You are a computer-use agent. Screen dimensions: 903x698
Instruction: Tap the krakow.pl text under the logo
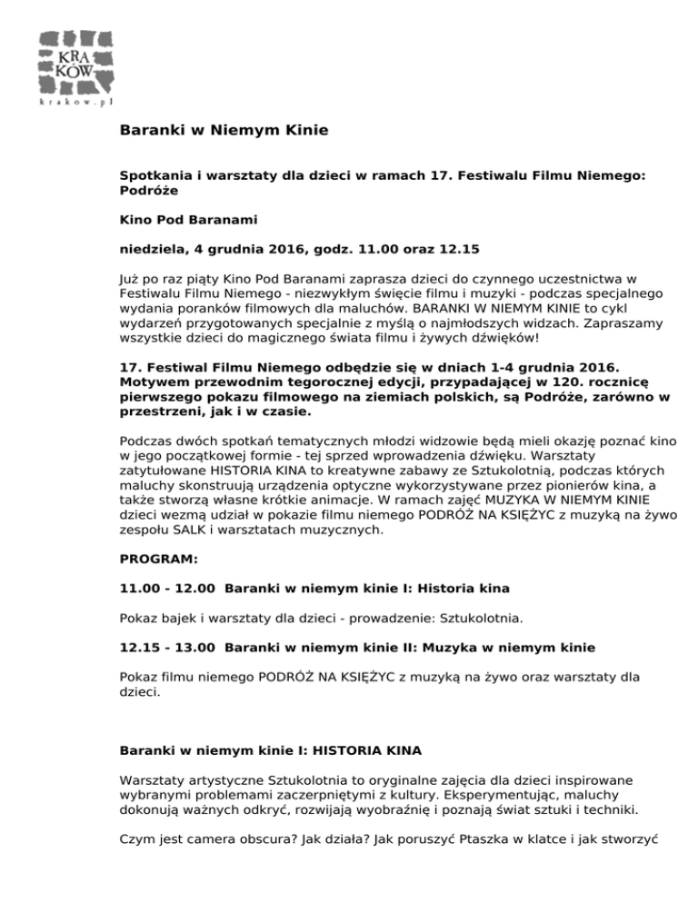point(75,104)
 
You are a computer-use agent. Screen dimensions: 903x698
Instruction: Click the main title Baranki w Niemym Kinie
point(224,130)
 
